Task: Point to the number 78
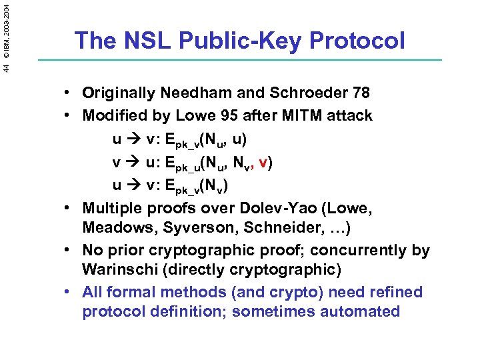pyautogui.click(x=361, y=93)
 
